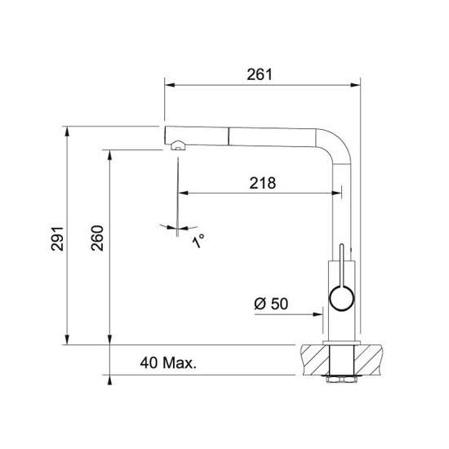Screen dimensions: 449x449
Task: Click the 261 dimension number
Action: click(x=260, y=74)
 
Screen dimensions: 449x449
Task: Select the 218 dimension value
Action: click(x=263, y=183)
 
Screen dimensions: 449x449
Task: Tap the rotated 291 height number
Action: click(x=57, y=238)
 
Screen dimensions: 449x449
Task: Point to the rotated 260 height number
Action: click(x=97, y=238)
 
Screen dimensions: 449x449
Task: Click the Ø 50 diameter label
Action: click(x=271, y=304)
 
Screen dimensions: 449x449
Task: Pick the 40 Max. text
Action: click(x=168, y=362)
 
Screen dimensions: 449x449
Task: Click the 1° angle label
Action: click(x=198, y=241)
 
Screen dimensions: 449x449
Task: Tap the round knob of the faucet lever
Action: click(x=342, y=298)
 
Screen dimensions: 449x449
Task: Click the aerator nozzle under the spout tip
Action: click(x=178, y=145)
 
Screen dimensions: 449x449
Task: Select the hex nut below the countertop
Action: click(x=341, y=380)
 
